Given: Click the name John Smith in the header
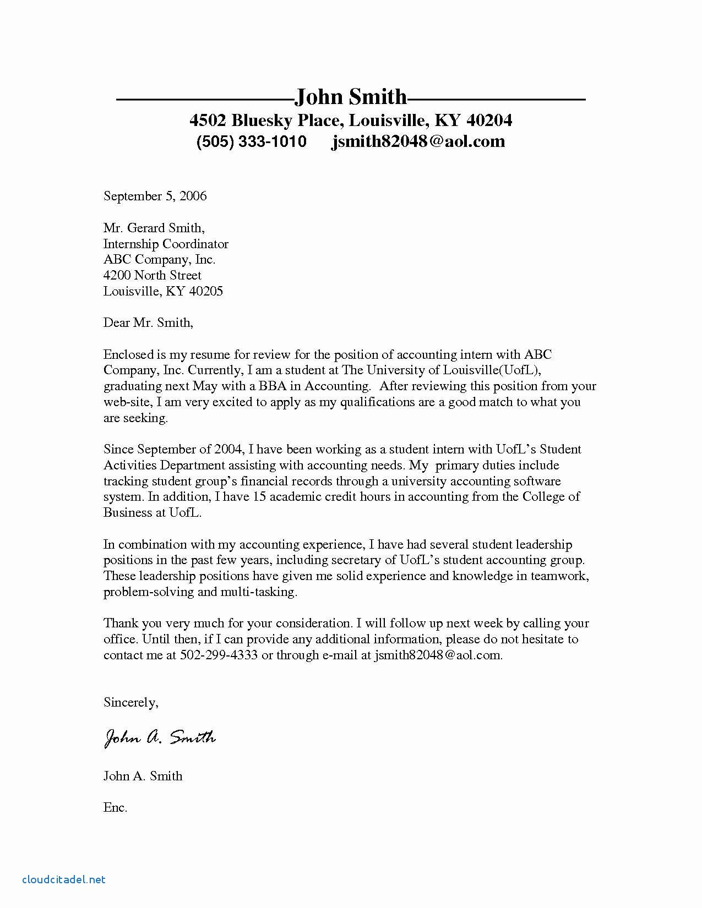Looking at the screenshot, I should [x=351, y=97].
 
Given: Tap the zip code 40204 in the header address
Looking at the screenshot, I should [x=488, y=120].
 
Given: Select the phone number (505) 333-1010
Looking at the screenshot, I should [x=251, y=141].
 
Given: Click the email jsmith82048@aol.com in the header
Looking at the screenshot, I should [x=418, y=141].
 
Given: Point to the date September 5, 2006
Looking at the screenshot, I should [x=155, y=196].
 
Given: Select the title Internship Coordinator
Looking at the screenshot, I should [x=166, y=244].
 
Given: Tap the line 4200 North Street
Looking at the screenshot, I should [x=153, y=275].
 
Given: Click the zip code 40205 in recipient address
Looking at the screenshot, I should [x=206, y=291].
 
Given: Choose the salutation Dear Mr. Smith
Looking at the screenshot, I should [x=148, y=323].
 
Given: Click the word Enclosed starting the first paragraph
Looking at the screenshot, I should [x=128, y=355].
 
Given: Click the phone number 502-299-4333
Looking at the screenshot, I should [x=219, y=655].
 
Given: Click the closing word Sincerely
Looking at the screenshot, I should [x=130, y=703].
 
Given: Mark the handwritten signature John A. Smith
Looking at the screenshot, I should [x=160, y=737].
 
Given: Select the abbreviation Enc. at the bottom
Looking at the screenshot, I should [x=115, y=808].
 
